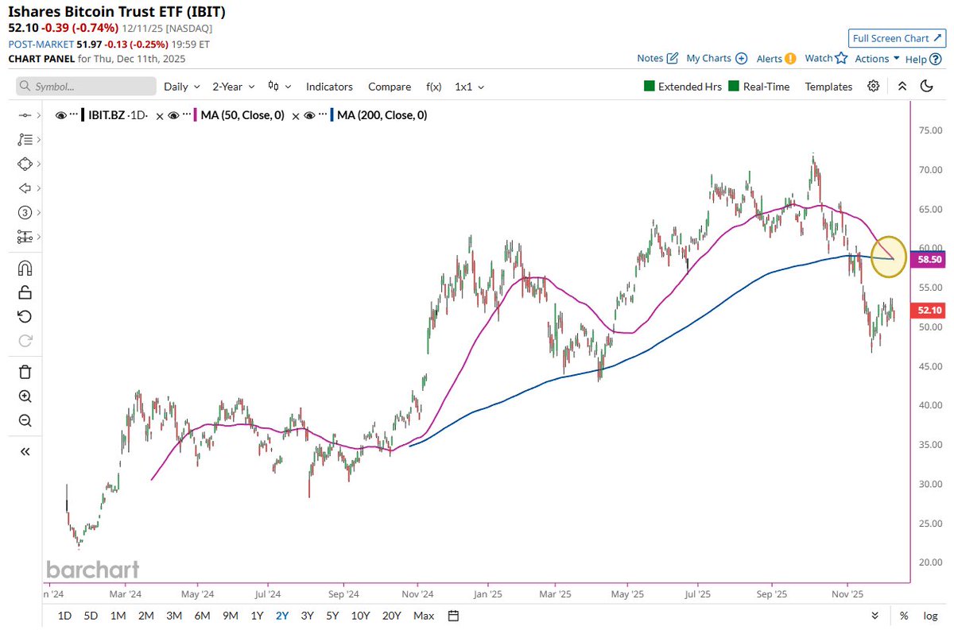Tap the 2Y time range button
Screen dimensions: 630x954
point(282,616)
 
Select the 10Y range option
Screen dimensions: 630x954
point(360,616)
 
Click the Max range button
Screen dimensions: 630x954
point(424,616)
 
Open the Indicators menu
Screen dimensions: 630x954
point(329,87)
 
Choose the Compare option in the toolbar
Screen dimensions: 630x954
point(390,87)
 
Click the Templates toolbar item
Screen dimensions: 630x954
point(828,87)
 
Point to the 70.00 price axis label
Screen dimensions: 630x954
point(929,170)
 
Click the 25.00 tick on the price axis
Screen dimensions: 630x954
point(929,523)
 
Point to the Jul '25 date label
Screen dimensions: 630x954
point(697,593)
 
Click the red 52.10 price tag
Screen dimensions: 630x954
point(929,310)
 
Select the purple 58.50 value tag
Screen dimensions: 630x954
point(929,259)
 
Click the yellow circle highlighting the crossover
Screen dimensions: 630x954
point(889,257)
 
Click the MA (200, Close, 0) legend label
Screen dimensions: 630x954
point(382,115)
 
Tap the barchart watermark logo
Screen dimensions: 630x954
point(92,569)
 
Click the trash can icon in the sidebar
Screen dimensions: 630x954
point(25,371)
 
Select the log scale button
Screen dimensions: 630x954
point(929,616)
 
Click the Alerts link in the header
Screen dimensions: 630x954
point(770,58)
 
